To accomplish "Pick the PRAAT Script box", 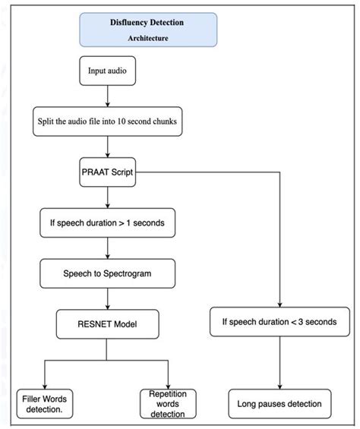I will click(108, 172).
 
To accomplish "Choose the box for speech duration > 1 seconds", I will click(107, 224).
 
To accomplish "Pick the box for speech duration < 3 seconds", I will click(279, 322).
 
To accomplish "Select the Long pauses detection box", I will click(279, 404).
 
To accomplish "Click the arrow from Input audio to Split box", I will click(108, 95).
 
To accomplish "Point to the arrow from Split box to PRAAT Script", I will click(108, 146).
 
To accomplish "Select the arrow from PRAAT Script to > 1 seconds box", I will click(108, 197).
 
